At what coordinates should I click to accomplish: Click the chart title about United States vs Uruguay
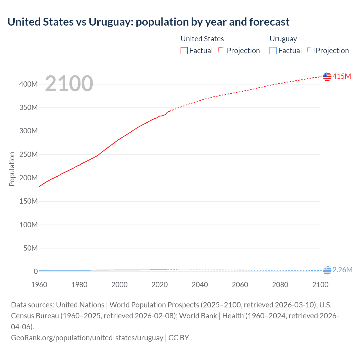(x=148, y=22)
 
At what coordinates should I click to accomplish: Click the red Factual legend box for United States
(x=184, y=51)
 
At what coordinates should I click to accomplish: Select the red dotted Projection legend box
(x=222, y=51)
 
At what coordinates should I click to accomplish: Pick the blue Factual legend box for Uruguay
(x=273, y=51)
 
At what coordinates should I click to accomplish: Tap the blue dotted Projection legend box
(x=310, y=51)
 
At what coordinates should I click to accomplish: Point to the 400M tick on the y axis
(x=28, y=84)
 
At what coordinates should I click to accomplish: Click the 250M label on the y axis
(x=28, y=154)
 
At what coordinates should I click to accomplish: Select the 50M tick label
(x=30, y=248)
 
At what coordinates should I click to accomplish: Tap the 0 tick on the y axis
(x=36, y=271)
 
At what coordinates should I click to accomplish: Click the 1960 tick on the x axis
(x=39, y=285)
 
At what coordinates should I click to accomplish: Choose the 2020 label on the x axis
(x=159, y=285)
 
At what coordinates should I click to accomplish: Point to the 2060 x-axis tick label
(x=240, y=285)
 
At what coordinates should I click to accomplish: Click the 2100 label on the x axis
(x=320, y=285)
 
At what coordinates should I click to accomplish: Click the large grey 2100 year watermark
(x=69, y=84)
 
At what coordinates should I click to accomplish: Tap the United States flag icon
(x=327, y=76)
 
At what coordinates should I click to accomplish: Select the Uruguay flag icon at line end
(x=327, y=270)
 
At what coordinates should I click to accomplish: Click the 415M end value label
(x=342, y=76)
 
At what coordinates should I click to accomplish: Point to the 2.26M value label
(x=342, y=270)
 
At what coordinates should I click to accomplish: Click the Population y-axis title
(x=12, y=169)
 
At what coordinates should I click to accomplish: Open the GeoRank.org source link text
(x=87, y=337)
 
